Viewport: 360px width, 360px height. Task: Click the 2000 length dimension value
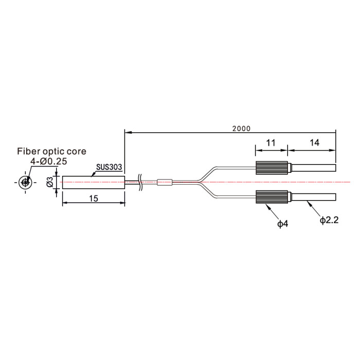241,129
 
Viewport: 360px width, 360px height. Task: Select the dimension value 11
271,143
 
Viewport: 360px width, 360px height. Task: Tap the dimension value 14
314,143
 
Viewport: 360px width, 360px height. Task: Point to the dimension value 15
94,199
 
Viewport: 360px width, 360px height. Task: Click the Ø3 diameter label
50,182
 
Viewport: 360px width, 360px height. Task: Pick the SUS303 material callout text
109,167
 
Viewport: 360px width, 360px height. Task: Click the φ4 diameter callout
283,223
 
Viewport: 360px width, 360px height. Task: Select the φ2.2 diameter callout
329,220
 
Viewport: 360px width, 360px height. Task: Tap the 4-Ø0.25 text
49,161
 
